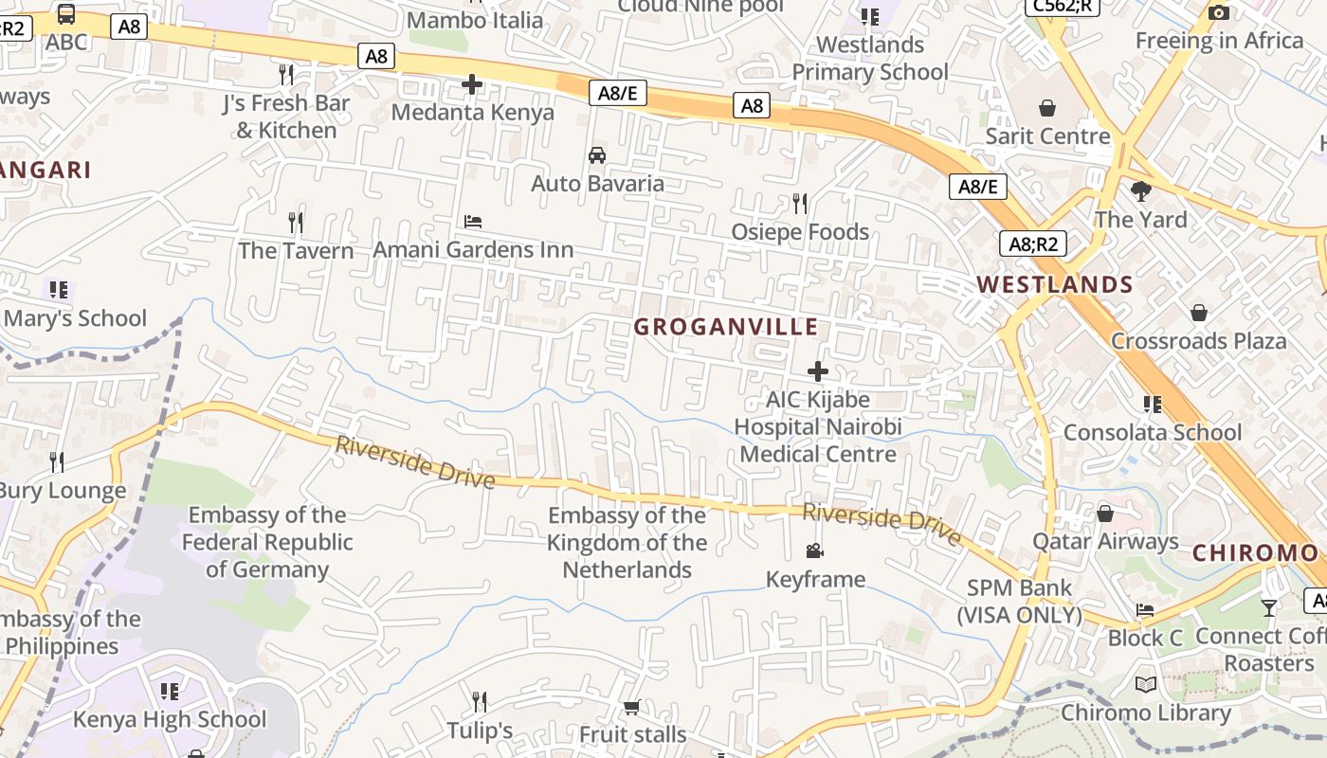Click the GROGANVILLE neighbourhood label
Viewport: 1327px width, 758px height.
tap(725, 327)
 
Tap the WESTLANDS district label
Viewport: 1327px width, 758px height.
tap(1055, 284)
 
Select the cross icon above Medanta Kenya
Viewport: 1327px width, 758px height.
tap(472, 85)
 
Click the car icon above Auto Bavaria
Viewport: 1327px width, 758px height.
tap(597, 155)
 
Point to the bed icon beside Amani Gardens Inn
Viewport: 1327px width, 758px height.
tap(473, 222)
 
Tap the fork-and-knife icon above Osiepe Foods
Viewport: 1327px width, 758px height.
tap(800, 203)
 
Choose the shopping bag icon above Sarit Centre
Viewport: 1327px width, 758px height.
tap(1047, 108)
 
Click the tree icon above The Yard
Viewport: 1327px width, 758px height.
tap(1141, 191)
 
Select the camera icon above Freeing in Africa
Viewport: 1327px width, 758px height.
tap(1219, 12)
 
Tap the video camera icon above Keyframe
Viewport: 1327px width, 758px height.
tap(814, 550)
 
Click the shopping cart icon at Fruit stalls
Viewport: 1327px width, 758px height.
tap(632, 707)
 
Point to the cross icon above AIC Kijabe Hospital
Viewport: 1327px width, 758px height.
tap(818, 371)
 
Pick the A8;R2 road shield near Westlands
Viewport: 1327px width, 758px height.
tap(1033, 244)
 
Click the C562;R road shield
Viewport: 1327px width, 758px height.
tap(1063, 6)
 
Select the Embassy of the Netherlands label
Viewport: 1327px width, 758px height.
tap(627, 543)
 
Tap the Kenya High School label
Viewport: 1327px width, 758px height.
tap(170, 719)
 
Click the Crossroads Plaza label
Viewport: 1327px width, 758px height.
tap(1198, 340)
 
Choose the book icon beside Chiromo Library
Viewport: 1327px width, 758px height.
tap(1146, 684)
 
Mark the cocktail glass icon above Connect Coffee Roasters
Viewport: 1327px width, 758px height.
tap(1269, 607)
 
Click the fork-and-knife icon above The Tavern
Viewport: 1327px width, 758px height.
tap(296, 223)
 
